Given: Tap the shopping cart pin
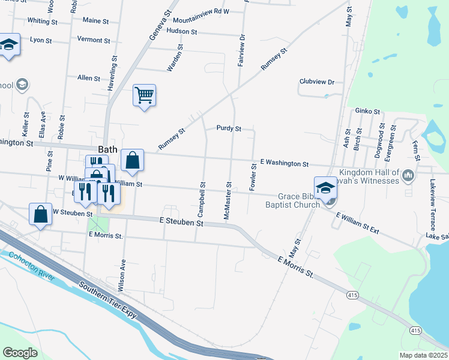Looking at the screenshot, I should [x=144, y=95].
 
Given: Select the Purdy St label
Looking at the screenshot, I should [x=229, y=128].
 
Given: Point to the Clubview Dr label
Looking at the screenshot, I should [x=316, y=82].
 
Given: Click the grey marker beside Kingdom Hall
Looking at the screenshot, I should [x=409, y=175].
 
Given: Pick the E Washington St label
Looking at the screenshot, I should [x=284, y=164].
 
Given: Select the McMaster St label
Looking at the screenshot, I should [x=228, y=201].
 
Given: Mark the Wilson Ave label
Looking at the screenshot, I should [x=122, y=275].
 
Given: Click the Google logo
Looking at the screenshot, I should [x=20, y=353].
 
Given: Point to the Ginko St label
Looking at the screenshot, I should [x=367, y=111].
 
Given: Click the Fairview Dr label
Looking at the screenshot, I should [x=242, y=50].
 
